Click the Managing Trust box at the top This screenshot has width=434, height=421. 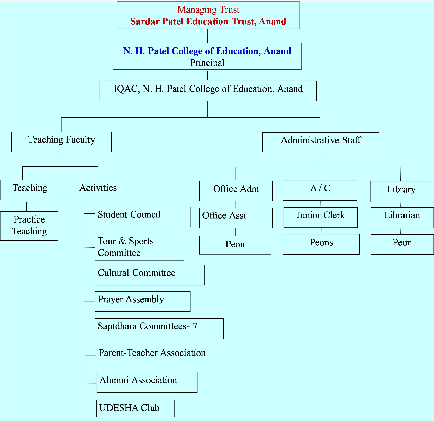(208, 15)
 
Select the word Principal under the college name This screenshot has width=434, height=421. (207, 63)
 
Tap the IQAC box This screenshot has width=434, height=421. (208, 91)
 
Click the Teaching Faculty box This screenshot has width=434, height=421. (61, 142)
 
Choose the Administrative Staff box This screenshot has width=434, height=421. (320, 142)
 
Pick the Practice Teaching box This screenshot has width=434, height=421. (29, 226)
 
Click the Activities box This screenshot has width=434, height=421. (98, 190)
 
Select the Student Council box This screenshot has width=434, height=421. (142, 217)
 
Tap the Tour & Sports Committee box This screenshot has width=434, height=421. (139, 247)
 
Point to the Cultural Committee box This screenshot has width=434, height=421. (150, 275)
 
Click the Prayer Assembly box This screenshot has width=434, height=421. (142, 301)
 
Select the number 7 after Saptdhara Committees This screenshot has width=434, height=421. (195, 326)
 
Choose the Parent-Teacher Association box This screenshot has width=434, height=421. (165, 355)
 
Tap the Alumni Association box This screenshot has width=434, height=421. (147, 382)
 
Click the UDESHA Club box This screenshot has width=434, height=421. (135, 408)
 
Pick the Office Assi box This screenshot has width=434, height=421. (236, 218)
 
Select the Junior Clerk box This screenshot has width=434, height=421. (320, 217)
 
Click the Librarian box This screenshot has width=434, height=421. (402, 217)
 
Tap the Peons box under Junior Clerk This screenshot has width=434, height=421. (321, 244)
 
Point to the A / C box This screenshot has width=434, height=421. (320, 190)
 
